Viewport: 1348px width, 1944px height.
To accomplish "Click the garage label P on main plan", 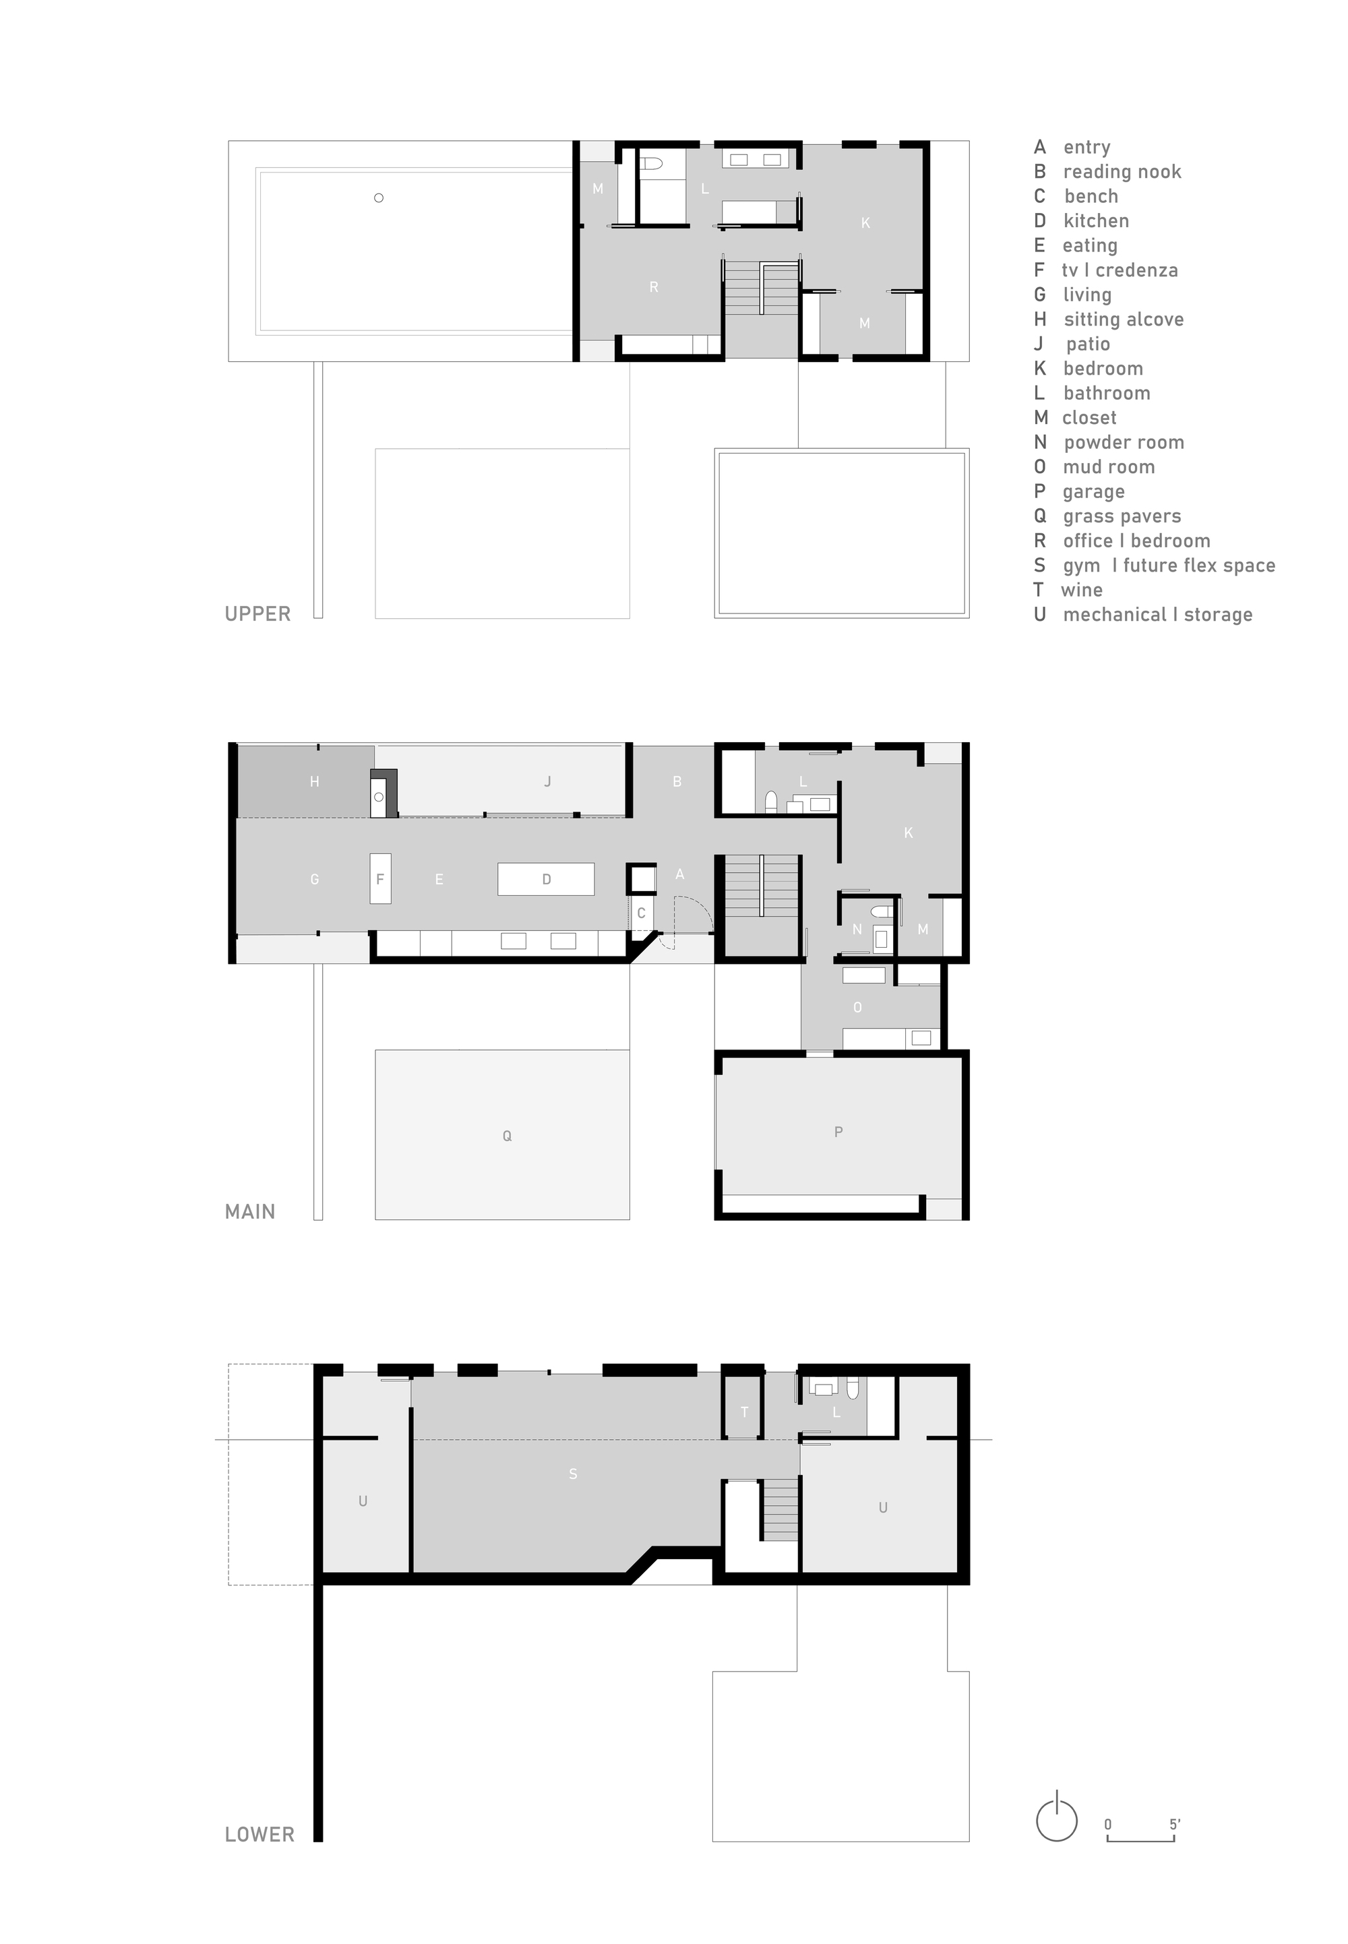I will (x=838, y=1132).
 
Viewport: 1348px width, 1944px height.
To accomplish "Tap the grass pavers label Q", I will (x=507, y=1136).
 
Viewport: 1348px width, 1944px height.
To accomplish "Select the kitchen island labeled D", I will (x=546, y=879).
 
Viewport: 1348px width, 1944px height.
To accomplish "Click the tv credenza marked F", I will (x=380, y=879).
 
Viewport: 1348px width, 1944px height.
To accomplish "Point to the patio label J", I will (x=547, y=782).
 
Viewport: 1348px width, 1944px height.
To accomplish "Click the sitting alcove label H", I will (x=314, y=782).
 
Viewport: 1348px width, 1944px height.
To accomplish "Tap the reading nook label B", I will (x=677, y=782).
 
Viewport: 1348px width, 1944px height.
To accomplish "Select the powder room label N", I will (x=857, y=930).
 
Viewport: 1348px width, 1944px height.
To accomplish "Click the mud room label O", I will (x=857, y=1008).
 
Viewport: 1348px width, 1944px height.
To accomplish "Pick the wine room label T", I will (x=744, y=1412).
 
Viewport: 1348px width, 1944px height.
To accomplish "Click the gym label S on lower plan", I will (x=573, y=1474).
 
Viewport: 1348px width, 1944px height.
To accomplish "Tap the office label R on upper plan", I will (x=654, y=287).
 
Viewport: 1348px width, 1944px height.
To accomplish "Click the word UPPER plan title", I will (x=257, y=614).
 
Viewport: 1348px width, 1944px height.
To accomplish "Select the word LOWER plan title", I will (x=259, y=1834).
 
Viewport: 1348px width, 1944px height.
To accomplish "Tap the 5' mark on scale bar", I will (x=1175, y=1825).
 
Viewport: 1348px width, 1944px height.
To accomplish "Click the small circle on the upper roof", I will (x=378, y=198).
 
